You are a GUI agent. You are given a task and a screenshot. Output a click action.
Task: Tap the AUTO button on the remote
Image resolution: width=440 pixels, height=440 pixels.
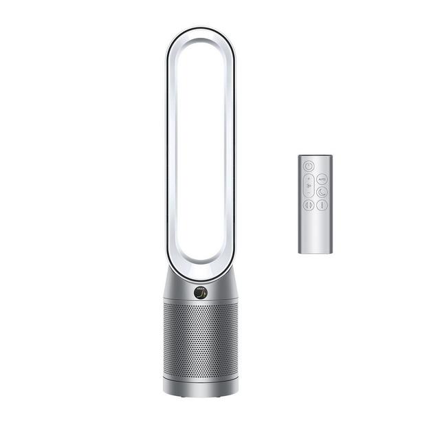322,178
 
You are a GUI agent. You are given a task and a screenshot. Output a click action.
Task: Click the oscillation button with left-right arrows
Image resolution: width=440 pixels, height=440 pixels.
309,204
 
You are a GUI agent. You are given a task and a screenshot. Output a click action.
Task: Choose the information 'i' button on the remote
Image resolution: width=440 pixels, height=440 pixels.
322,204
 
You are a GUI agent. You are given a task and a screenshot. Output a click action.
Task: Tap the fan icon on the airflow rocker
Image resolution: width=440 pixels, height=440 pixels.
309,185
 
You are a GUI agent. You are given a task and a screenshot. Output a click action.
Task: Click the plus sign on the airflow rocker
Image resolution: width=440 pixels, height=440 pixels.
309,177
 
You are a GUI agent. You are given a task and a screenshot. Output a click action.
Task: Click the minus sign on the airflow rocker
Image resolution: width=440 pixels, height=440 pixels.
309,193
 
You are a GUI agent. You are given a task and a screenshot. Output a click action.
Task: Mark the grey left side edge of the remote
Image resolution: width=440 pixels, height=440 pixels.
299,206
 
